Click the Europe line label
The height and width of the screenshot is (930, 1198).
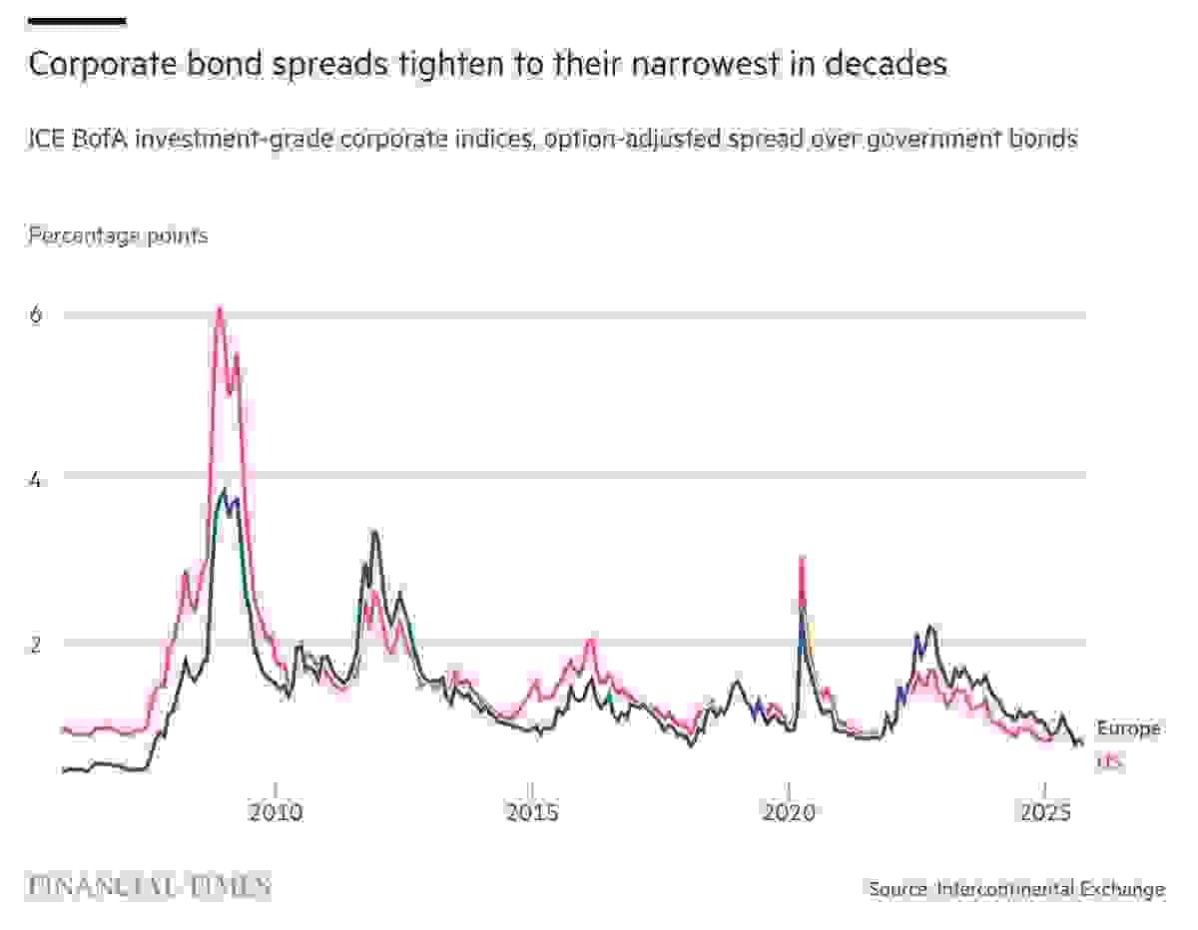click(x=1128, y=728)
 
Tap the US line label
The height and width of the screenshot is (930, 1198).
click(x=1109, y=762)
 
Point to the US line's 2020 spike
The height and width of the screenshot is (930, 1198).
click(x=802, y=559)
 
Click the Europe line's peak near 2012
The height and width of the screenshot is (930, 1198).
click(x=374, y=532)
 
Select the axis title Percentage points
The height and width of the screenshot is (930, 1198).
click(x=118, y=235)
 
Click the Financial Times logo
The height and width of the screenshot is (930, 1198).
click(x=150, y=885)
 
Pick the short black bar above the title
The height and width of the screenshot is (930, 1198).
click(x=77, y=19)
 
